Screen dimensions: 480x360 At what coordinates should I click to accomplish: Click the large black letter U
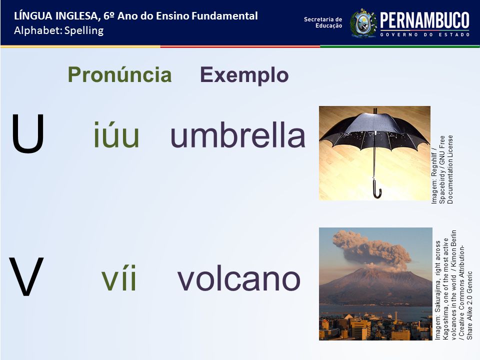coord(28,133)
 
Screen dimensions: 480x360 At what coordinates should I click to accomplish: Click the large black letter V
coord(26,276)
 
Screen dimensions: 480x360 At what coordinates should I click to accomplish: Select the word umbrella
coord(238,134)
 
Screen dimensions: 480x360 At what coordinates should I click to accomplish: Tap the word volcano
coord(239,278)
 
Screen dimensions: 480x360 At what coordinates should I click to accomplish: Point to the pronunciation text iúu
coord(116,134)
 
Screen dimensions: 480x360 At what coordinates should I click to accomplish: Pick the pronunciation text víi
coord(119,278)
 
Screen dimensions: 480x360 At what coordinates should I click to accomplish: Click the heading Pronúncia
coord(119,74)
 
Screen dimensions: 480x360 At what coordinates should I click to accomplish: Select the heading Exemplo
coord(244,75)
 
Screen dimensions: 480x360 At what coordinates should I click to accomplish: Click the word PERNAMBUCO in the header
coord(424,20)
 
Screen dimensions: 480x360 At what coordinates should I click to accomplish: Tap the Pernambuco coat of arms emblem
coord(363,23)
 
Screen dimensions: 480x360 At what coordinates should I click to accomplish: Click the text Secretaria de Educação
coord(323,22)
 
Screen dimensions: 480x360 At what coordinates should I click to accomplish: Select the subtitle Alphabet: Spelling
coord(59,30)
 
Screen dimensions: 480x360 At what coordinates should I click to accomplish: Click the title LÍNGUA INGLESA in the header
coord(56,16)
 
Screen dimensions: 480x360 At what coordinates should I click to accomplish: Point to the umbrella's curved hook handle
coord(377,190)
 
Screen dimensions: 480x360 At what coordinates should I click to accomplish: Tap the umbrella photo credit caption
coord(441,169)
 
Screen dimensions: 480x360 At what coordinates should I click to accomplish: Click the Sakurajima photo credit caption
coord(453,285)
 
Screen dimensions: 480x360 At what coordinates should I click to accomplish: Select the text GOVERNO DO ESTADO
coord(425,34)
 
